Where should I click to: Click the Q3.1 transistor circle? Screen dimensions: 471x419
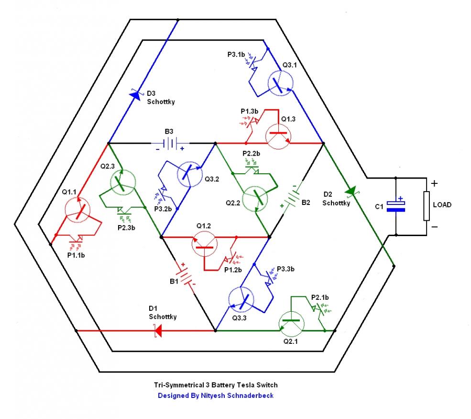pos(281,83)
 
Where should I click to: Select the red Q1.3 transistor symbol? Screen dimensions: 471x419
pos(278,136)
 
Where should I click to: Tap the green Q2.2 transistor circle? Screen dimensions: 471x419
pos(255,199)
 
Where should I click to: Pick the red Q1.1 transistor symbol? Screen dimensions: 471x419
pos(77,210)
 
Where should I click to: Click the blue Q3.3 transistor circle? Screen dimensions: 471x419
pos(241,300)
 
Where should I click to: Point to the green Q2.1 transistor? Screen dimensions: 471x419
pos(291,324)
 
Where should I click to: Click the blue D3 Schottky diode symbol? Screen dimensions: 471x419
pos(135,95)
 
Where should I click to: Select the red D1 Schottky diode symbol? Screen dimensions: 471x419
pos(158,330)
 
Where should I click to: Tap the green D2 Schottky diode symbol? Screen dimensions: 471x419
pos(351,191)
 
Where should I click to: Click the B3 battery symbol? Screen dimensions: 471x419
pos(170,144)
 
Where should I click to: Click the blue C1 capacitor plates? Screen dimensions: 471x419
pos(396,206)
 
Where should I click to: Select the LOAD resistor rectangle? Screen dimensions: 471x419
pos(427,206)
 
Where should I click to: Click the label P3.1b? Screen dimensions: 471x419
pos(236,55)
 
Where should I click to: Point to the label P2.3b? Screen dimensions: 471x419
pos(126,228)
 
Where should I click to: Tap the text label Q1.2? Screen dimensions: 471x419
pos(204,226)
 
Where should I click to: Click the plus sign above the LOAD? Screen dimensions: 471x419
pos(434,183)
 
